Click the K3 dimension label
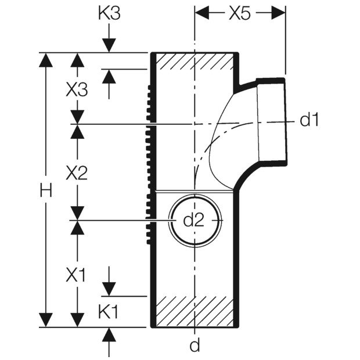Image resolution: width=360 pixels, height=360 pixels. (109, 14)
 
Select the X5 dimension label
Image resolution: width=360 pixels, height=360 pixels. (239, 14)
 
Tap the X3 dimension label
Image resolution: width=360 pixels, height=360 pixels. (77, 90)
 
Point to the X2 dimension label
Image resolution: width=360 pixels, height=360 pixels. (77, 173)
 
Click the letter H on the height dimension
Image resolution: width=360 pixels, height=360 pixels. (46, 190)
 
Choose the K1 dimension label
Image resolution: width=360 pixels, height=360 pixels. (109, 312)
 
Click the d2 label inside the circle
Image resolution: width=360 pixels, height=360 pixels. (193, 221)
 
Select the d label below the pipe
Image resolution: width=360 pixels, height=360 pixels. (195, 345)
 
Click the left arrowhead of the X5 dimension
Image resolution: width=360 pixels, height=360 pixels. (202, 13)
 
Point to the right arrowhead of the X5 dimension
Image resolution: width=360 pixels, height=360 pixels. (278, 13)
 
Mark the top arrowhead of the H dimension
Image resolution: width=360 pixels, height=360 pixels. (46, 60)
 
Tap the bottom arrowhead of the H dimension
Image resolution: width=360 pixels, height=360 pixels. (46, 319)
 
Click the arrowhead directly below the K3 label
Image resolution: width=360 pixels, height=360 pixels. (109, 46)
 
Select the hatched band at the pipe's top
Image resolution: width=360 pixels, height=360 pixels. (195, 61)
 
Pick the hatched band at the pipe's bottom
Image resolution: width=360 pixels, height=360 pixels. (195, 311)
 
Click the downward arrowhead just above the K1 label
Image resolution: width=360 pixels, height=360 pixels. (109, 289)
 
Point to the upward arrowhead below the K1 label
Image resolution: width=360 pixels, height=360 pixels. (109, 334)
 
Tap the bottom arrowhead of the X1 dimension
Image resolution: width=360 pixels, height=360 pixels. (77, 319)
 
